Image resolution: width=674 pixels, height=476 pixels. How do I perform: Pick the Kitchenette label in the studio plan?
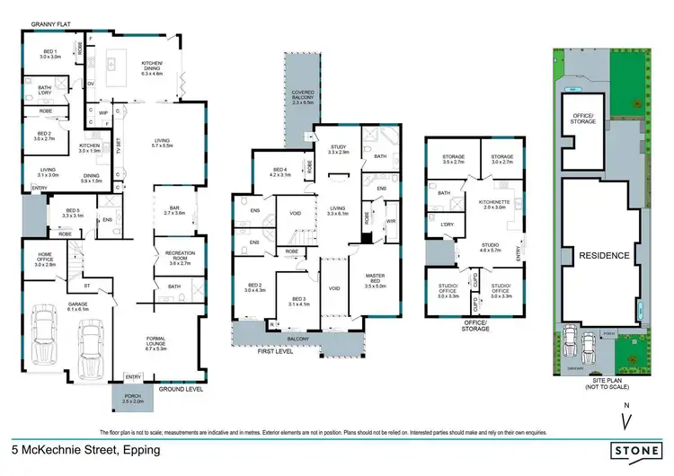tap(494, 204)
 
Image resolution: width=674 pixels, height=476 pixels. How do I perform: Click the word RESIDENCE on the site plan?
tap(604, 255)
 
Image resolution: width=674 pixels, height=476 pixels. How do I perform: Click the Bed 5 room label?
tap(73, 214)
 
